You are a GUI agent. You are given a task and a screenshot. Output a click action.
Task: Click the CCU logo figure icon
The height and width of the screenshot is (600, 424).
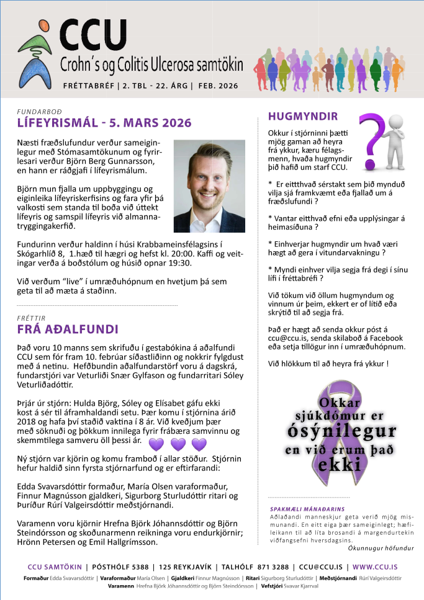click(x=39, y=53)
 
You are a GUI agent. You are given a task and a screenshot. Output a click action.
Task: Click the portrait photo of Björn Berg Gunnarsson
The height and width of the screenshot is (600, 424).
click(x=209, y=186)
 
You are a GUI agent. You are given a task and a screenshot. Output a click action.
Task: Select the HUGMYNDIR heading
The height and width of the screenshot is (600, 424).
click(x=303, y=116)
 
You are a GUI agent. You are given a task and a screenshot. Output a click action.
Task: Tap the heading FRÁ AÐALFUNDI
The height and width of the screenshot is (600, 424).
click(x=68, y=329)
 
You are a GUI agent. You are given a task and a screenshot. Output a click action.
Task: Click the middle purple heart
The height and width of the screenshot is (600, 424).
click(x=178, y=444)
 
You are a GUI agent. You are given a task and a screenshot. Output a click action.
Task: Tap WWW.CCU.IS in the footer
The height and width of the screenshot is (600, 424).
click(x=375, y=567)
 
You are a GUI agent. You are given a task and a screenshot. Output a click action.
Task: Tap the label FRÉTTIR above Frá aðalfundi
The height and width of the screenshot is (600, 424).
click(x=31, y=317)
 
